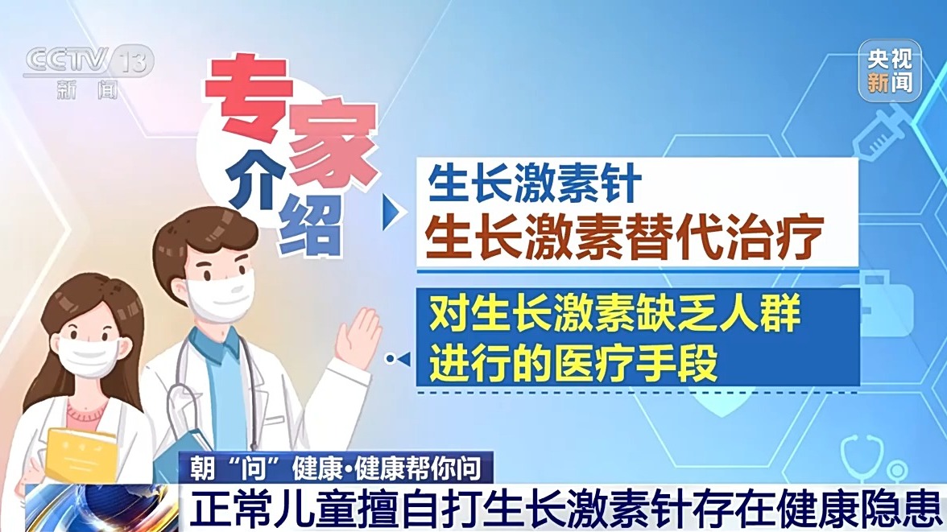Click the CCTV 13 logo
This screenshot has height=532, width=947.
tap(89, 71)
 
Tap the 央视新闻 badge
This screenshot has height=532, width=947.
tap(890, 71)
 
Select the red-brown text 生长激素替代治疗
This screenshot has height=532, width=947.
tap(624, 237)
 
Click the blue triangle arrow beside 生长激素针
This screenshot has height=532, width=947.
tap(393, 212)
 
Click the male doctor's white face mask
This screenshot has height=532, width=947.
tap(221, 295)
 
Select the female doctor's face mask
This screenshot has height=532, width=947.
tap(89, 356)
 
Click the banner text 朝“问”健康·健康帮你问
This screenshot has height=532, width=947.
tap(336, 468)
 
